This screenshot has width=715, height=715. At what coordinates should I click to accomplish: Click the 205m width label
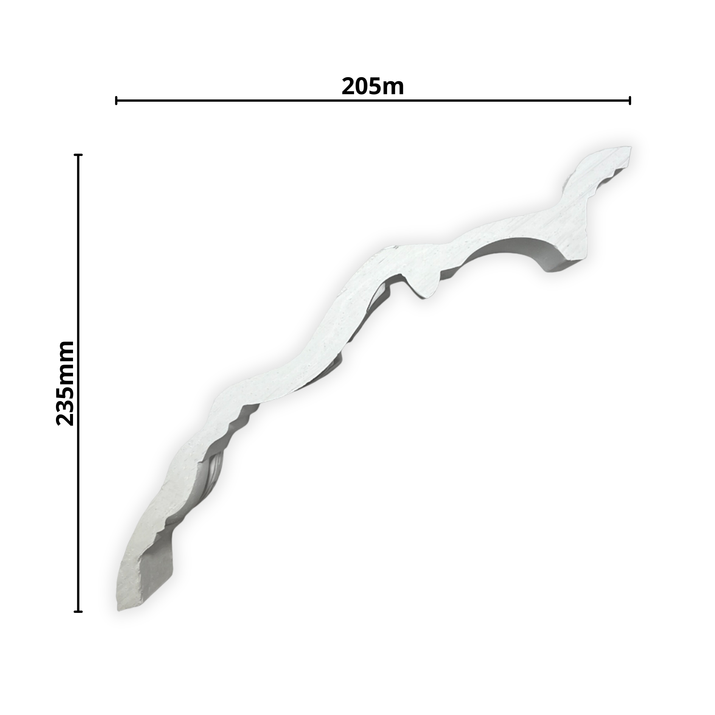point(373,87)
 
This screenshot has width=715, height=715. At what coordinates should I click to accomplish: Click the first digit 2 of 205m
point(348,87)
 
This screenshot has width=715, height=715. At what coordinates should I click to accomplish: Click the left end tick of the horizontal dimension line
point(116,101)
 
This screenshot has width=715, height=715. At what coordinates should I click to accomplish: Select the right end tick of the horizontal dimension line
point(630,101)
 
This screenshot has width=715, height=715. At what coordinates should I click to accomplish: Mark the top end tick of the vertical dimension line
point(78,155)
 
